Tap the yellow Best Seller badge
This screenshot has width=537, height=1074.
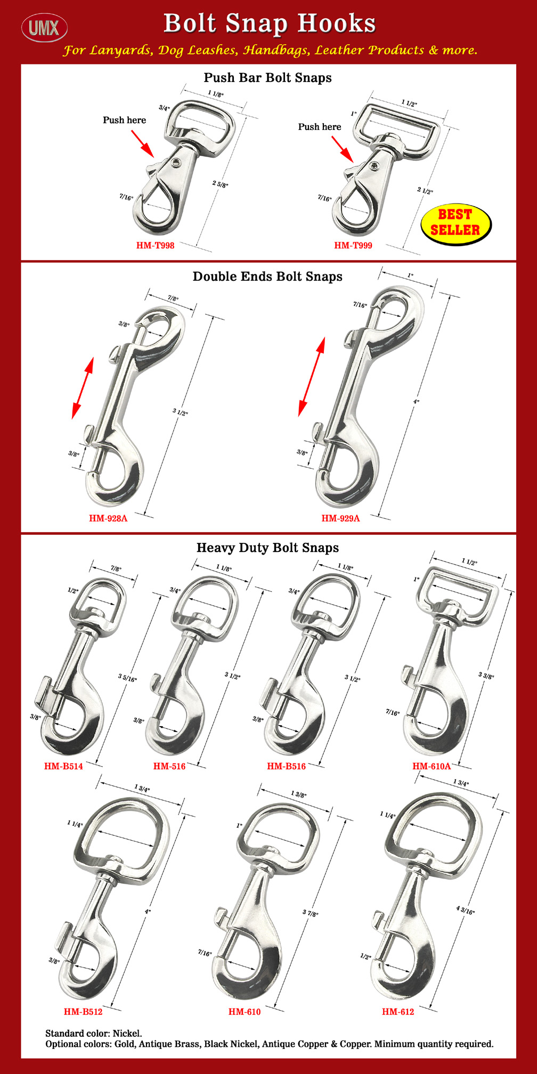point(455,223)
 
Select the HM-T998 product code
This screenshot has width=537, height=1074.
point(155,246)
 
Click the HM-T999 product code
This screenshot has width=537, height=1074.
point(353,246)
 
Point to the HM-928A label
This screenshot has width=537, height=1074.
point(108,518)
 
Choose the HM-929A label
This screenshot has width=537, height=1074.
point(340,518)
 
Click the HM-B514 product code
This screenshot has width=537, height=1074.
point(63,767)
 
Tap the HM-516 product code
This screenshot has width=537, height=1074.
point(169,767)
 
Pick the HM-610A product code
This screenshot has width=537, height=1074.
point(432,767)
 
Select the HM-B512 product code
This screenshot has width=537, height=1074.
point(83,1012)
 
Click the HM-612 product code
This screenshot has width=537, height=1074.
point(398,1012)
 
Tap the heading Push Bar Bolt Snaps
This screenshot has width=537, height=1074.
point(267,78)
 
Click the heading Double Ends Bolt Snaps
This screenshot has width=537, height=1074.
point(267,276)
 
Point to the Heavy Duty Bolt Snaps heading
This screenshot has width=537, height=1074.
point(267,548)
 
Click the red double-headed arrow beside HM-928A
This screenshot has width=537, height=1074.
point(83,387)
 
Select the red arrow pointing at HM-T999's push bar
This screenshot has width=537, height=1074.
point(343,149)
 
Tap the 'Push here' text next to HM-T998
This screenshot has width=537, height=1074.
point(124,120)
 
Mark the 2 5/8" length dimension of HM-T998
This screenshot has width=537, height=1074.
point(220,184)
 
